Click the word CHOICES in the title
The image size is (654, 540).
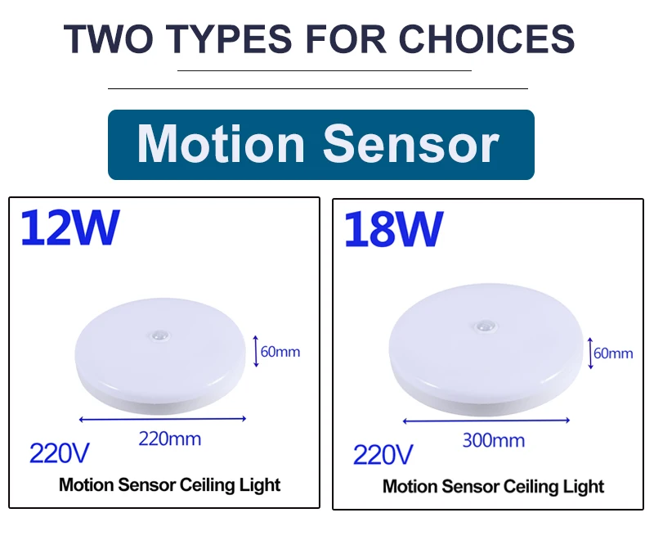[486, 38]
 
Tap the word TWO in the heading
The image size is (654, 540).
[108, 38]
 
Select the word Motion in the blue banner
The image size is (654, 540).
[221, 144]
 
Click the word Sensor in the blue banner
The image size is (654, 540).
[411, 144]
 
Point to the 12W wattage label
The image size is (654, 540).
[69, 227]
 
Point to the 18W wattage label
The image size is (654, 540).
[393, 230]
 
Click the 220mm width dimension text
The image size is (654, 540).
[170, 439]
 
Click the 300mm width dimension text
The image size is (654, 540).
[494, 440]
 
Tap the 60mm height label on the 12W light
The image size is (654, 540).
[280, 352]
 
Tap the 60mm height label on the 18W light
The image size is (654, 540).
[613, 353]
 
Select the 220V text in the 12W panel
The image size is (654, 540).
[59, 453]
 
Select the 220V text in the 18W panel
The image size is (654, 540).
[383, 455]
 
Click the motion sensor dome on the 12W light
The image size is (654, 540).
[159, 335]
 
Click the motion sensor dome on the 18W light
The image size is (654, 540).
[485, 326]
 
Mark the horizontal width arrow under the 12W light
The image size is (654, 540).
[163, 419]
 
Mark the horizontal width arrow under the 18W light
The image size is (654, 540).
[486, 421]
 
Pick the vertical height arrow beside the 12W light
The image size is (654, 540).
[256, 351]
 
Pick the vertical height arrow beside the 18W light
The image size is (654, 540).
[590, 353]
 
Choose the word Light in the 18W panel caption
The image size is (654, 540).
[584, 487]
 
